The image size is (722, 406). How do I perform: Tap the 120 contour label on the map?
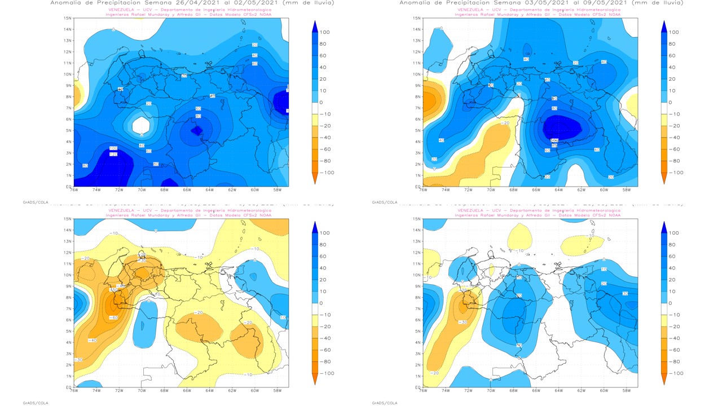point(113,154)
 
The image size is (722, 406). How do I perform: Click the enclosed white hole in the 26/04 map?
point(141,124)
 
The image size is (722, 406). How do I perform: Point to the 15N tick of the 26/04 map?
point(68,18)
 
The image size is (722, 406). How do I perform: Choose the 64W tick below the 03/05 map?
point(558,191)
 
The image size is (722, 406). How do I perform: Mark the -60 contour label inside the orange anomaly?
point(113,318)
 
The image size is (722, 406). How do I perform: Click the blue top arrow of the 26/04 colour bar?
point(315,25)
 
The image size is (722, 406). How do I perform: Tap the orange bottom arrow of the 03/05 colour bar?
point(664,179)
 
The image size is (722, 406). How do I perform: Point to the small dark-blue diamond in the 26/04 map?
point(196,130)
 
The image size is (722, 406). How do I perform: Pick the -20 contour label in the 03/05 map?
point(505,123)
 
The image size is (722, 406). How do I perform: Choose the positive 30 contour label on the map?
point(625,294)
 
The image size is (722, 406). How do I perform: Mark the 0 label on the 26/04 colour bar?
point(322,103)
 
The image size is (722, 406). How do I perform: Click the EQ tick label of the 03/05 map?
point(417,187)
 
